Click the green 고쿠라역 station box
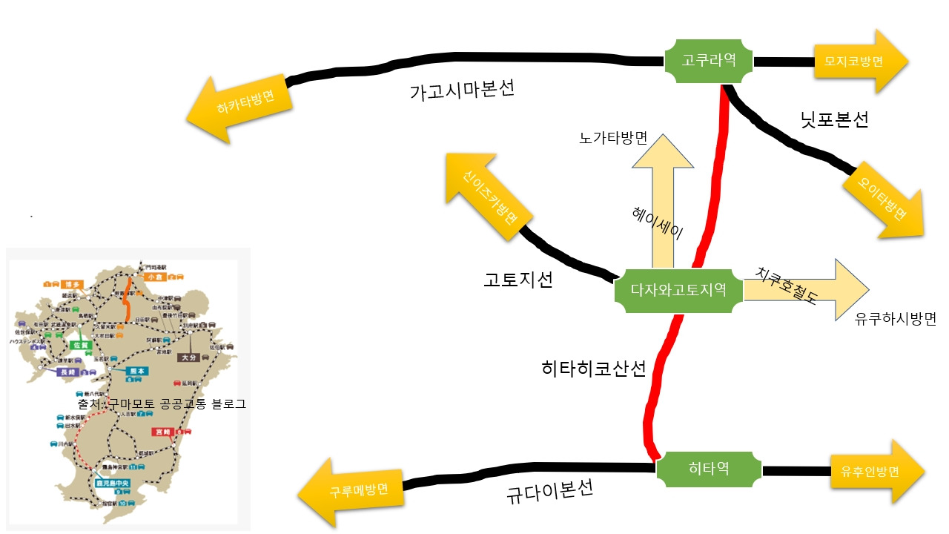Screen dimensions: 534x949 tap(708, 61)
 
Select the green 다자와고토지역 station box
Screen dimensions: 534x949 tap(678, 290)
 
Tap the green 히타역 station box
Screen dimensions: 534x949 tap(710, 469)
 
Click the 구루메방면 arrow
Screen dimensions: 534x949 tap(354, 491)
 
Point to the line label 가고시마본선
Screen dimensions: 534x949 tap(462, 91)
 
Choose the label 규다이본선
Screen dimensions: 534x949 tap(549, 492)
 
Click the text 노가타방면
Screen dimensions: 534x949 tap(614, 139)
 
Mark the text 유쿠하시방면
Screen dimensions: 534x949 tap(896, 319)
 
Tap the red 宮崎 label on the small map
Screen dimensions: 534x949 tap(162, 431)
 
